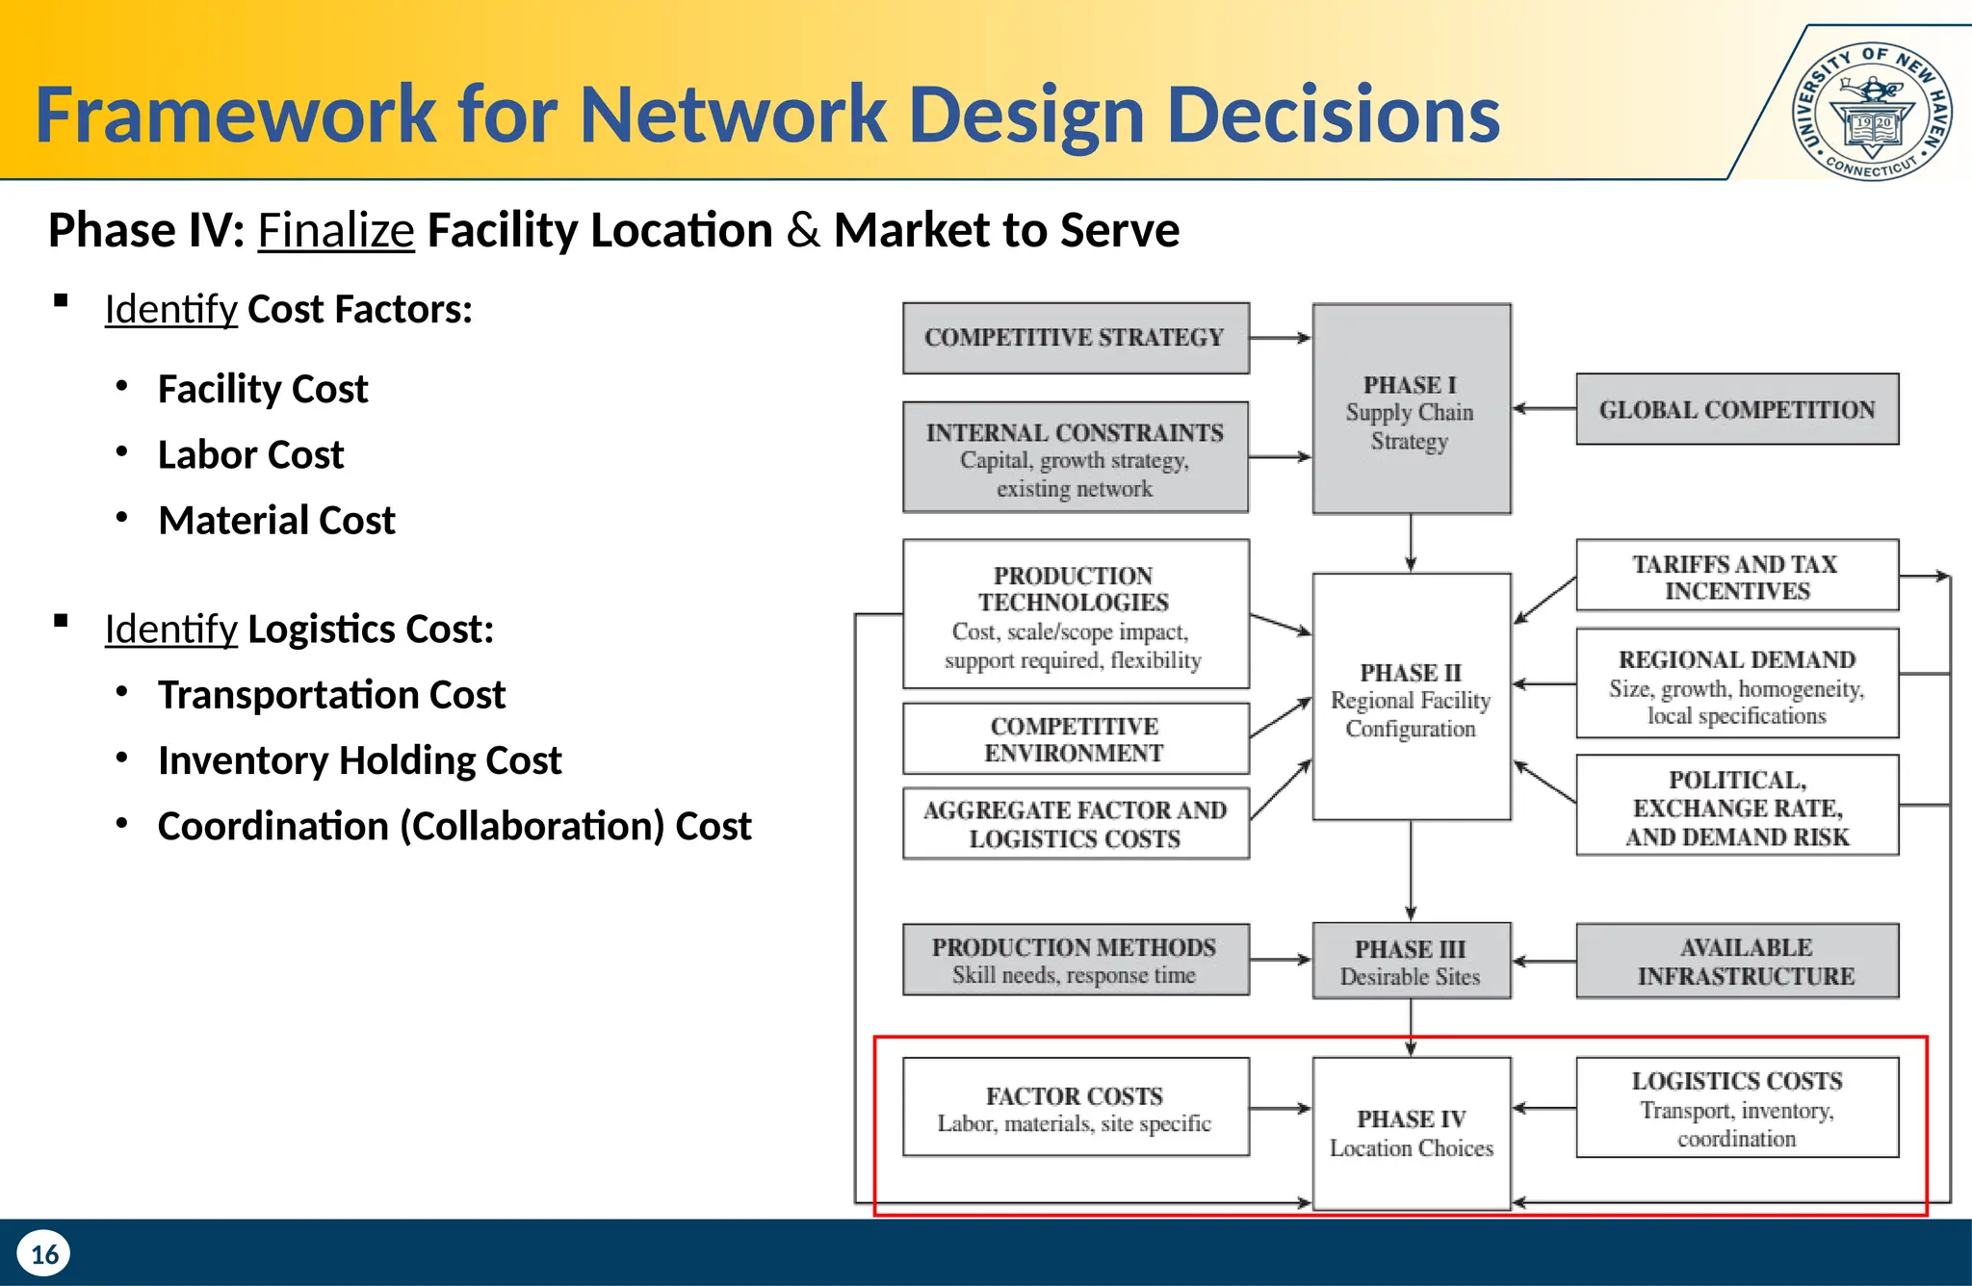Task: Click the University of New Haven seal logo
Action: (x=1872, y=111)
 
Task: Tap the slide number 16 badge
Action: (x=44, y=1253)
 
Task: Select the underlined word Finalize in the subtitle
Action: (x=335, y=230)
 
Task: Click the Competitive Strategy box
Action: (x=1076, y=338)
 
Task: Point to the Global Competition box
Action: (x=1737, y=409)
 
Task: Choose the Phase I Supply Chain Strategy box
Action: (x=1411, y=409)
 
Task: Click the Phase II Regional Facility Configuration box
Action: (x=1411, y=697)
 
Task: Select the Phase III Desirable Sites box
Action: (x=1411, y=962)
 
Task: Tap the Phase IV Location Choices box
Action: (x=1411, y=1133)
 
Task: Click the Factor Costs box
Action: (x=1076, y=1107)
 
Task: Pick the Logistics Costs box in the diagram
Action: (x=1737, y=1107)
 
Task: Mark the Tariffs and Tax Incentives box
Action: (x=1737, y=576)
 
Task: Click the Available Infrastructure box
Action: (x=1737, y=962)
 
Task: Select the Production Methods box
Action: (x=1076, y=960)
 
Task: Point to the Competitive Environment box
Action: (x=1076, y=739)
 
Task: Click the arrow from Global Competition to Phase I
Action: (x=1544, y=409)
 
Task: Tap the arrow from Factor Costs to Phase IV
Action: (x=1281, y=1108)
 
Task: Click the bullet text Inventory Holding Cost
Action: (x=359, y=760)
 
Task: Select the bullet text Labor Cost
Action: (x=250, y=454)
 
